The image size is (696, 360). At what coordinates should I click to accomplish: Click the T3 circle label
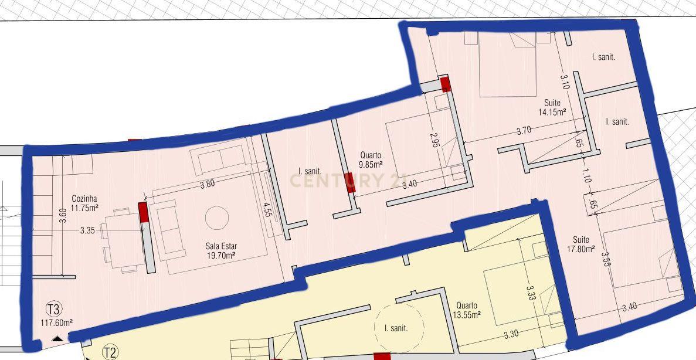[55, 309]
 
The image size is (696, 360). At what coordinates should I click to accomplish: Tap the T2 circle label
[110, 353]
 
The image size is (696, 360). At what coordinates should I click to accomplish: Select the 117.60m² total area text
[57, 323]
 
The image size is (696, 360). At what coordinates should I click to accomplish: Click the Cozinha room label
[84, 199]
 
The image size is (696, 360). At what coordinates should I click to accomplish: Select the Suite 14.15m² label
[552, 107]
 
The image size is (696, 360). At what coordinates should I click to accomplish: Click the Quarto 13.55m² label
[467, 310]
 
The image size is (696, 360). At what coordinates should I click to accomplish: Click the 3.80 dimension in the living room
[208, 184]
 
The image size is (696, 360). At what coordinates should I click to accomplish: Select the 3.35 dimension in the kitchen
[87, 230]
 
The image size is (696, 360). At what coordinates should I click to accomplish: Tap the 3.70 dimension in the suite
[524, 131]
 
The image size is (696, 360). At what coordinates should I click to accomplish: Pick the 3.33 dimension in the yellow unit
[530, 293]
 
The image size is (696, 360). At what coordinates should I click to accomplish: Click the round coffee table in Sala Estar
[217, 218]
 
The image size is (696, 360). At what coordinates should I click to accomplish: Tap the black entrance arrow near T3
[57, 339]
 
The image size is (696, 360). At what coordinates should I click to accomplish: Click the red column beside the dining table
[144, 212]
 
